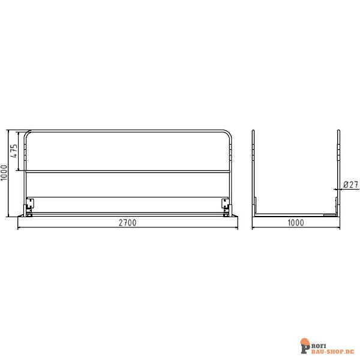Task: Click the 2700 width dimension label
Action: click(x=127, y=222)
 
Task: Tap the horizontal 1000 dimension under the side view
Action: click(x=296, y=222)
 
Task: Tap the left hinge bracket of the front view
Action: click(x=28, y=205)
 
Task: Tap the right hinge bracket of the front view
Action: click(x=227, y=205)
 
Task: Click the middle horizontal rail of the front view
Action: click(x=127, y=172)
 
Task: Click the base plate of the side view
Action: click(x=296, y=214)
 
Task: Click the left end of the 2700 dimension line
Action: click(x=18, y=228)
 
